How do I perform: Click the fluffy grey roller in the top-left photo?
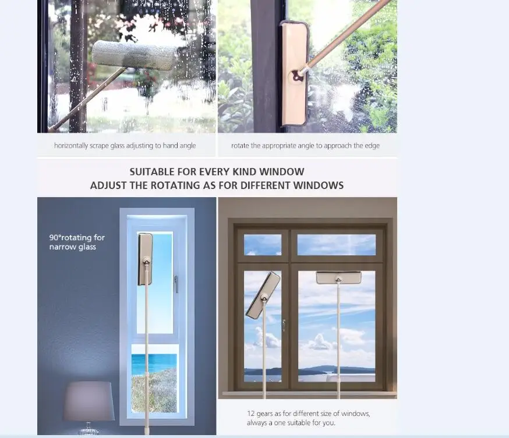coord(134,55)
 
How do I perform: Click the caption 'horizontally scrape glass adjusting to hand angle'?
coord(125,145)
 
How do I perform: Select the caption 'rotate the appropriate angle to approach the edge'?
coord(305,145)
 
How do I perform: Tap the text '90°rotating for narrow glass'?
coord(77,242)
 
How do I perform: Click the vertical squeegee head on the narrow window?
coord(145,259)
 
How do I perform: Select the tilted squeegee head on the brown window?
coord(263,295)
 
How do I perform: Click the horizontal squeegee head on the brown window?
coord(338,277)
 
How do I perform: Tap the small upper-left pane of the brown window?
coord(262,245)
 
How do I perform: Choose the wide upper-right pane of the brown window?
coord(337,245)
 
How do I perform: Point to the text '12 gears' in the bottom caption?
coord(260,414)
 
